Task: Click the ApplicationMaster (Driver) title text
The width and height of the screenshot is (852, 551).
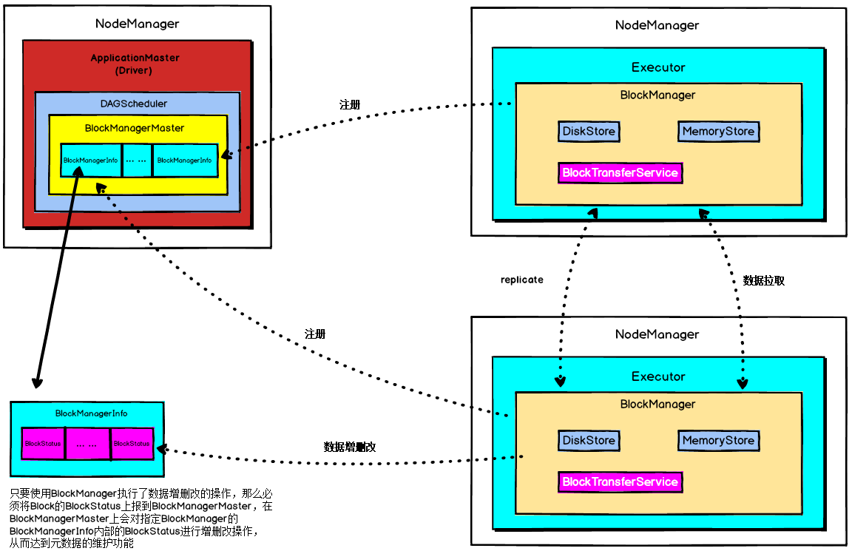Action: point(135,64)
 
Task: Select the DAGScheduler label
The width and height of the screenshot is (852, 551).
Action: point(134,104)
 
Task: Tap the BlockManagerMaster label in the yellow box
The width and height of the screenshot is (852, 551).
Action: point(135,128)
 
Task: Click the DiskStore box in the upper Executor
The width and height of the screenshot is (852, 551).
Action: point(589,132)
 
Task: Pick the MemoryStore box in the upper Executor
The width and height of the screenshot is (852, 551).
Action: point(718,132)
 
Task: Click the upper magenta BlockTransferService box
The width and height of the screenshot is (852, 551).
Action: point(620,172)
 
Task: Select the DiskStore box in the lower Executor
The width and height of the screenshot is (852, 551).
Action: point(589,440)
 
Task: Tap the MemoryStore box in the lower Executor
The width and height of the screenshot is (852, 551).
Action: point(718,440)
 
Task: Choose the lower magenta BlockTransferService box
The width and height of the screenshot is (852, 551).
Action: point(620,481)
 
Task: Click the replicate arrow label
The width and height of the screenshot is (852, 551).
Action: point(521,280)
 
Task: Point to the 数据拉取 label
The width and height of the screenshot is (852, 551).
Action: point(763,281)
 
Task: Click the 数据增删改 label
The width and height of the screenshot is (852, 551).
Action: point(350,447)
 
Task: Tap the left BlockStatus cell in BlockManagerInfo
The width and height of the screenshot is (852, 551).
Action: point(42,444)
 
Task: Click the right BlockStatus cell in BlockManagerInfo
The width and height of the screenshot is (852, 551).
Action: point(132,444)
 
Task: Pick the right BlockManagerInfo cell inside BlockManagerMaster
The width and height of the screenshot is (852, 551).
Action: point(184,160)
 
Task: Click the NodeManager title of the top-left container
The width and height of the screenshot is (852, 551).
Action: point(137,24)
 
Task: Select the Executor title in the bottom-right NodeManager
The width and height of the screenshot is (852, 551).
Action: point(658,376)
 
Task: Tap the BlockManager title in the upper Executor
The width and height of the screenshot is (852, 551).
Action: point(657,95)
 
